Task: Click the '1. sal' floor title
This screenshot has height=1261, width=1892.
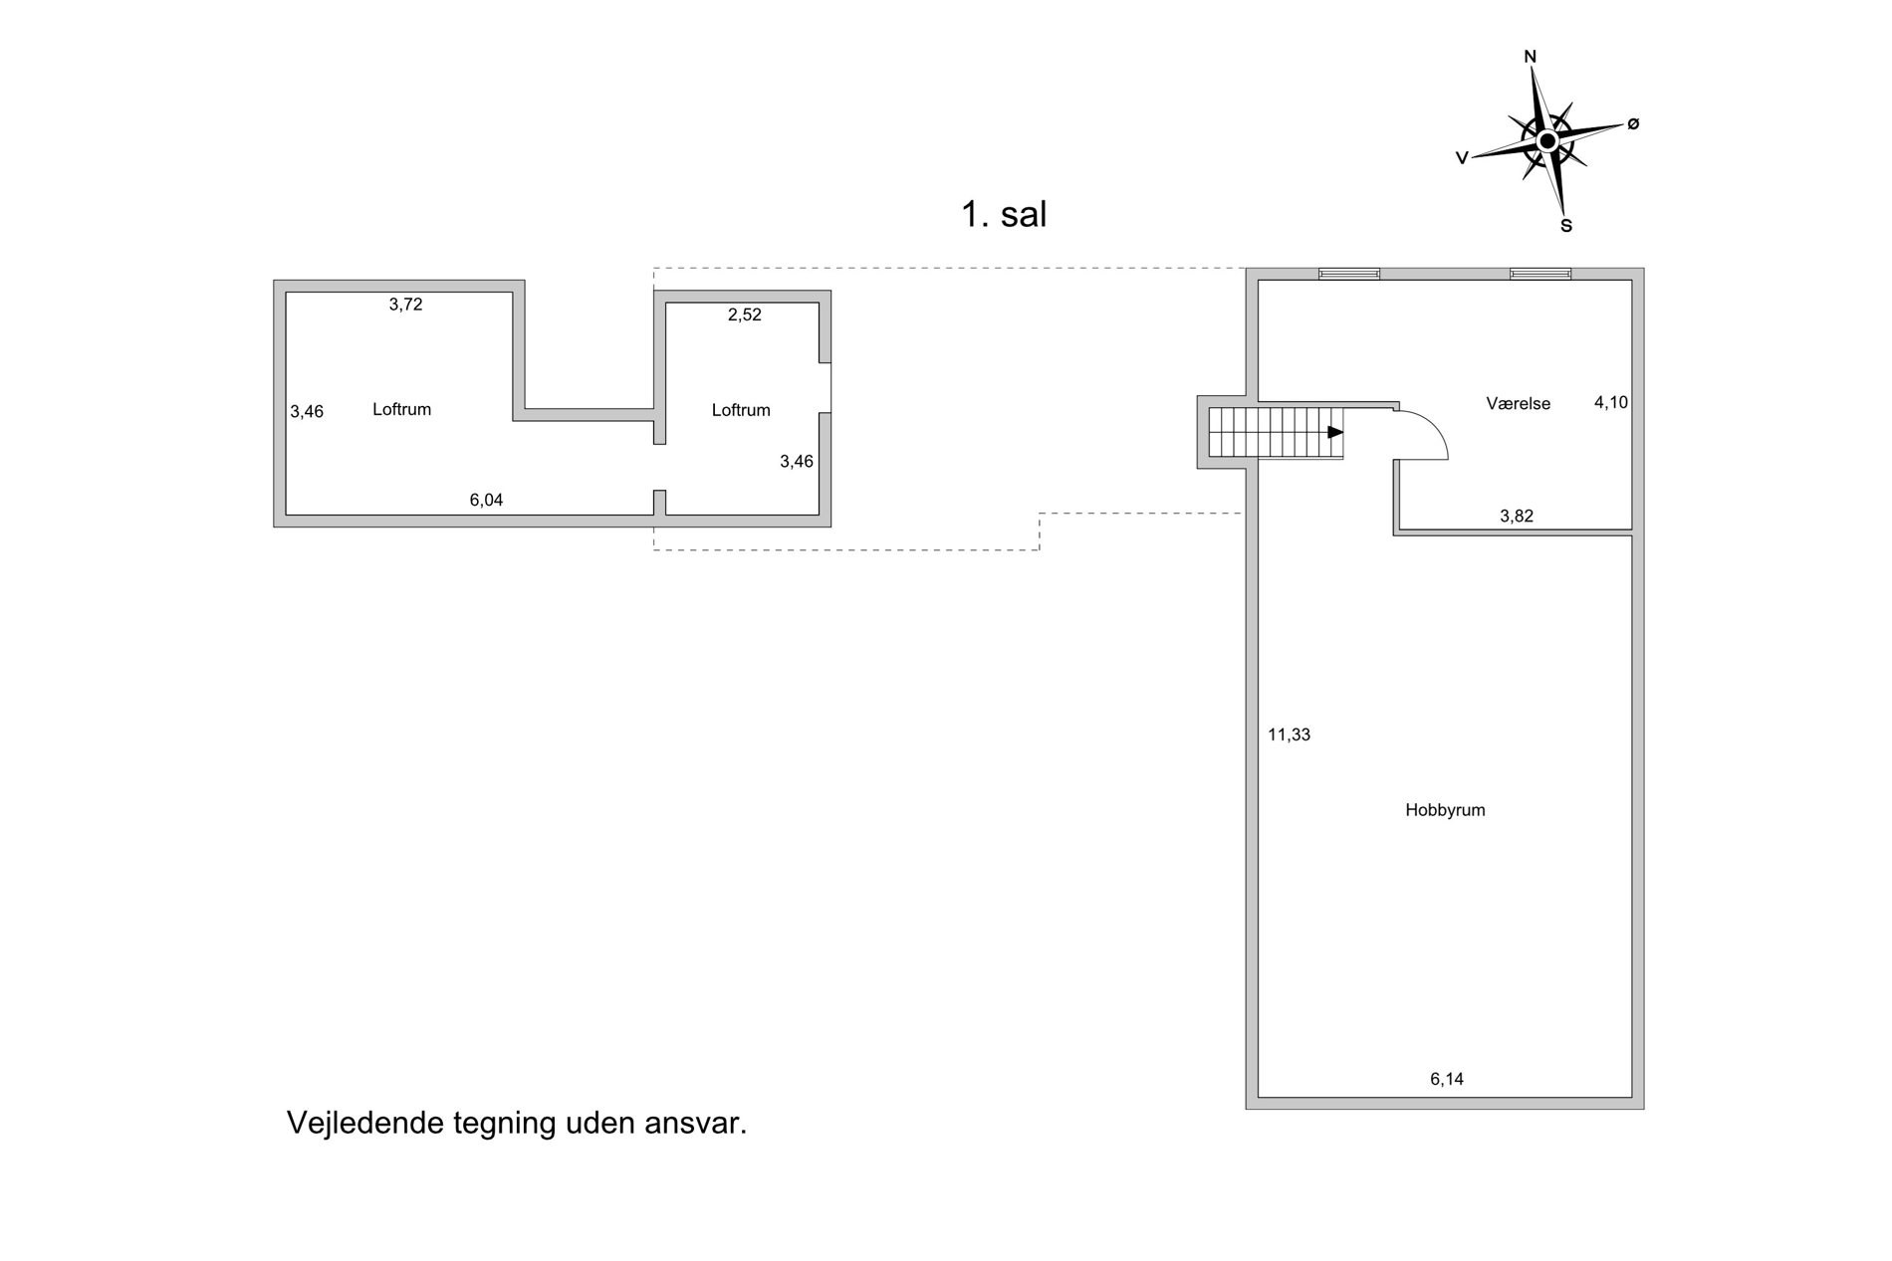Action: coord(1004,215)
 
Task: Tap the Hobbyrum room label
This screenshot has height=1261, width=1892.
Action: coord(1445,810)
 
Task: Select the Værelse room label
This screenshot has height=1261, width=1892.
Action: coord(1519,403)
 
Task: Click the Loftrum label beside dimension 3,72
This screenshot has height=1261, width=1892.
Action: coord(401,409)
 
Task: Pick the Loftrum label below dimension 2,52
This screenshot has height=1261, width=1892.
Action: coord(741,410)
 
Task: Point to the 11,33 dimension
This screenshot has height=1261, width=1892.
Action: coord(1289,736)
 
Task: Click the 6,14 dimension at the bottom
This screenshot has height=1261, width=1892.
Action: coord(1447,1079)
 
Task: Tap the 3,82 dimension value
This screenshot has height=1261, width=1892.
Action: coord(1517,516)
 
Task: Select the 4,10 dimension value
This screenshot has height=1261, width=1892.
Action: coord(1611,403)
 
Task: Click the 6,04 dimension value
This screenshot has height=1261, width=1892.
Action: coord(486,500)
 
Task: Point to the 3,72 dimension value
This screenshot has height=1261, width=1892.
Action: coord(405,305)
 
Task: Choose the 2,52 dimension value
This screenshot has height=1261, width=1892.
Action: coord(745,315)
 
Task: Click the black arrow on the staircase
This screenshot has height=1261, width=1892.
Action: coord(1335,432)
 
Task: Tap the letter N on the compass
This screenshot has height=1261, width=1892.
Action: coord(1531,57)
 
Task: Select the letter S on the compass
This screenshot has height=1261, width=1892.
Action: coord(1566,226)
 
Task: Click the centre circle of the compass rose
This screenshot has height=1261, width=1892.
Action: coord(1547,141)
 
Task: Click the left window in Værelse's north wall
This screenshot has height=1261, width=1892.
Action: coord(1349,274)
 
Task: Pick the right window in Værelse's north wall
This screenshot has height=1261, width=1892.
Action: coord(1540,274)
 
